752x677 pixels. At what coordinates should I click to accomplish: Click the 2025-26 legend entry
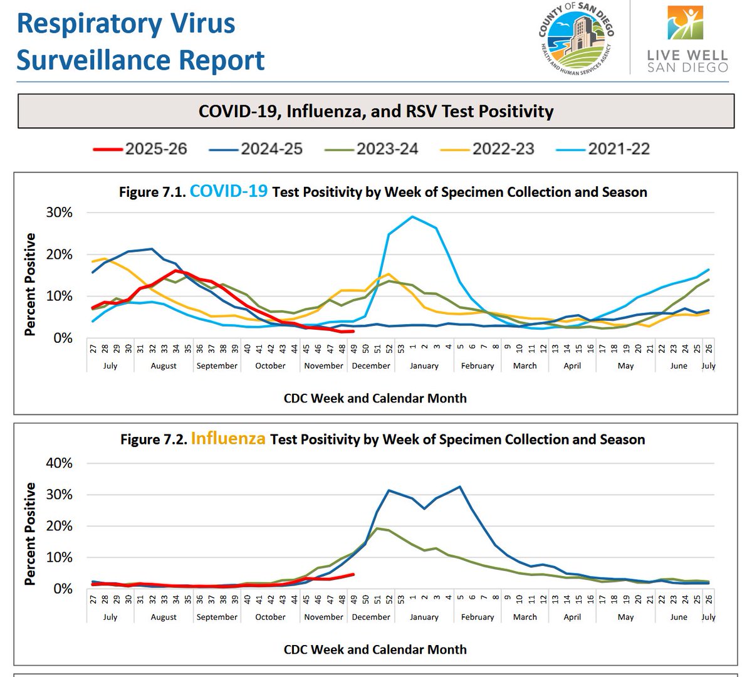click(x=140, y=149)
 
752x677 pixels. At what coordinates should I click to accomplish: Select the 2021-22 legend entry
click(x=603, y=149)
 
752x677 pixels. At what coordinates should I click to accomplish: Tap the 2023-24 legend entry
click(x=371, y=149)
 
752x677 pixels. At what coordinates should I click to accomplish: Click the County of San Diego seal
click(x=576, y=38)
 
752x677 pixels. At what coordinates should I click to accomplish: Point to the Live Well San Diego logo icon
click(x=686, y=23)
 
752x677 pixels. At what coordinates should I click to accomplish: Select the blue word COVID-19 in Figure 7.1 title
click(x=229, y=191)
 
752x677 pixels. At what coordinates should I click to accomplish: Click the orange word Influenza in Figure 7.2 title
click(x=228, y=438)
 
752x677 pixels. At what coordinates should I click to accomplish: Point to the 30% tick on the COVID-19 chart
click(x=60, y=213)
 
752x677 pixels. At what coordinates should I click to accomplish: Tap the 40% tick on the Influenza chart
click(x=60, y=463)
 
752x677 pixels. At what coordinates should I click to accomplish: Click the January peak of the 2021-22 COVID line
click(x=412, y=216)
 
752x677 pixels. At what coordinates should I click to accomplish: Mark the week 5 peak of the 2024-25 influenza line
click(x=460, y=487)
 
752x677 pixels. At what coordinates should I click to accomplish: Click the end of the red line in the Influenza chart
click(x=353, y=574)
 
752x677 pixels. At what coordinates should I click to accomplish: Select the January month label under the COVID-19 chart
click(x=424, y=365)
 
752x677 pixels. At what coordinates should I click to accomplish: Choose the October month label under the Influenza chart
click(x=270, y=617)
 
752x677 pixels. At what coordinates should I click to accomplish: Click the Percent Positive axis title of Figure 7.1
click(x=30, y=285)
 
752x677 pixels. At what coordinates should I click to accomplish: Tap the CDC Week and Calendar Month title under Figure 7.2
click(x=375, y=649)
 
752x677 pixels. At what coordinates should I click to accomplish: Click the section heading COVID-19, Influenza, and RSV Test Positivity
click(x=376, y=112)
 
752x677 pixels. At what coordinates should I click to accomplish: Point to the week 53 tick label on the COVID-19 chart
click(x=400, y=349)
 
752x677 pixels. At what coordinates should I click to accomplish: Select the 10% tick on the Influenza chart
click(x=60, y=557)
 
